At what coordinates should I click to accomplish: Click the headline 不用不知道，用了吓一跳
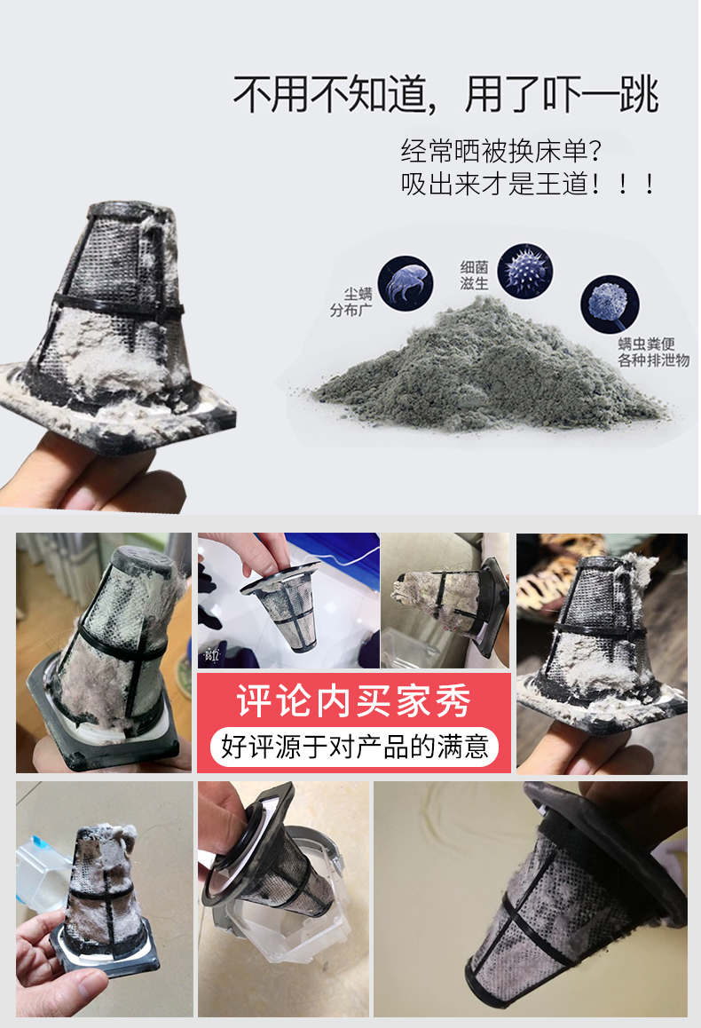pyautogui.click(x=445, y=94)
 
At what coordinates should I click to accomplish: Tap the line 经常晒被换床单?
pyautogui.click(x=500, y=152)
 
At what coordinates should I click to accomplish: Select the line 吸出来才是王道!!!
pyautogui.click(x=528, y=185)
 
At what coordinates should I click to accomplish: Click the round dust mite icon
pyautogui.click(x=406, y=283)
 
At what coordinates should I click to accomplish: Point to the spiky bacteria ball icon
pyautogui.click(x=524, y=271)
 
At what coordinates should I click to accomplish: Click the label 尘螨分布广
pyautogui.click(x=351, y=302)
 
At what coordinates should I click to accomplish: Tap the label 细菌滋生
pyautogui.click(x=475, y=275)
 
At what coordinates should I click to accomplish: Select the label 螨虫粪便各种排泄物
pyautogui.click(x=653, y=352)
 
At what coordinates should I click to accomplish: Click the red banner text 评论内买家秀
pyautogui.click(x=354, y=700)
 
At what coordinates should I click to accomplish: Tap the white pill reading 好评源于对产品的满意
pyautogui.click(x=354, y=747)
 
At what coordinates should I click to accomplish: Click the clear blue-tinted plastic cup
pyautogui.click(x=43, y=869)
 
